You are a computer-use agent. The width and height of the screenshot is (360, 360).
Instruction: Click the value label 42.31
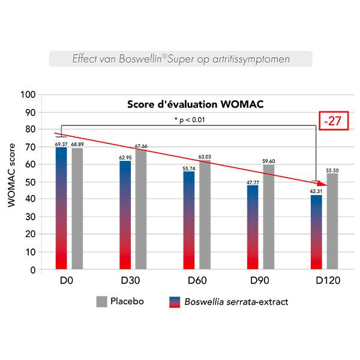(x=316, y=192)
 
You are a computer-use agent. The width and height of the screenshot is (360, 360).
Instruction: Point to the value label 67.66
(x=141, y=146)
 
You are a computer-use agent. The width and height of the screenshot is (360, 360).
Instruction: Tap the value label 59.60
(x=269, y=161)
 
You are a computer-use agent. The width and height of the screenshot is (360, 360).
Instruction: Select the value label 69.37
(x=61, y=144)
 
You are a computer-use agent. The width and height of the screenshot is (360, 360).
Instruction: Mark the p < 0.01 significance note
(x=190, y=120)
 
